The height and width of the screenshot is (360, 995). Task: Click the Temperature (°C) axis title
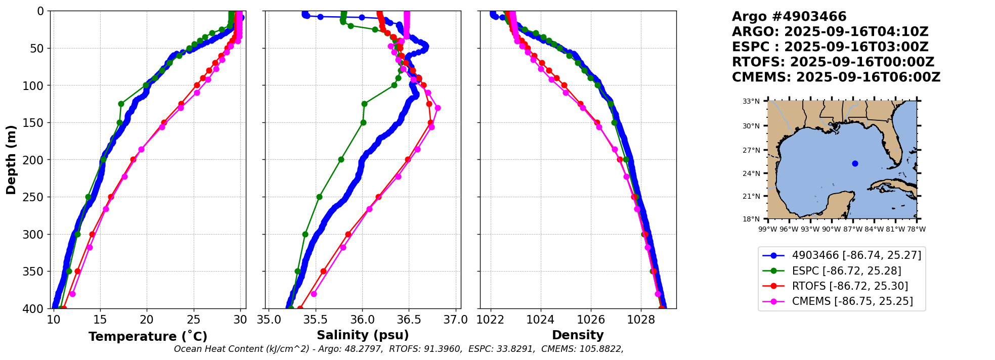pos(148,337)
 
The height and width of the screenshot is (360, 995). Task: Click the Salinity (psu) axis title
pos(363,335)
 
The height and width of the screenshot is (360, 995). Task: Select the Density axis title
pos(578,335)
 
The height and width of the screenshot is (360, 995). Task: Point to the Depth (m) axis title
pos(11,160)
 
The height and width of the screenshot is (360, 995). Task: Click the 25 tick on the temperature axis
pos(194,320)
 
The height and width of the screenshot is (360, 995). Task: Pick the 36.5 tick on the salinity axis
pos(409,320)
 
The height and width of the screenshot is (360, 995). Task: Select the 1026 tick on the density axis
pos(591,320)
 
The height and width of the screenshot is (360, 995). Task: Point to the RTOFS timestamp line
pos(833,62)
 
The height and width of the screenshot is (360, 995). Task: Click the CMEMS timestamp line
pos(836,77)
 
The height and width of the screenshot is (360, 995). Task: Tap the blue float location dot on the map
pos(855,163)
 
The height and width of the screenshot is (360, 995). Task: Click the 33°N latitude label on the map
pos(751,102)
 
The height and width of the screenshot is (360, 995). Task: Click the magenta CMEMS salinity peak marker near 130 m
pos(438,108)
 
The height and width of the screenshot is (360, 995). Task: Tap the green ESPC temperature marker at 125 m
pos(121,104)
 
